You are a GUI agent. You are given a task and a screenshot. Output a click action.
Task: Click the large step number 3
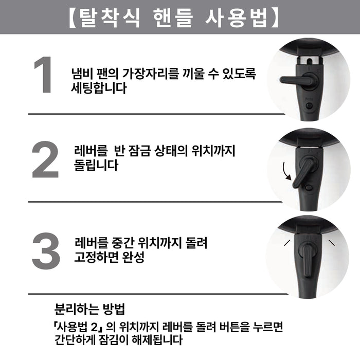[46, 251]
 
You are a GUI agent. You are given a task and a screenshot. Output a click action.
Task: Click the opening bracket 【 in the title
[71, 17]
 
